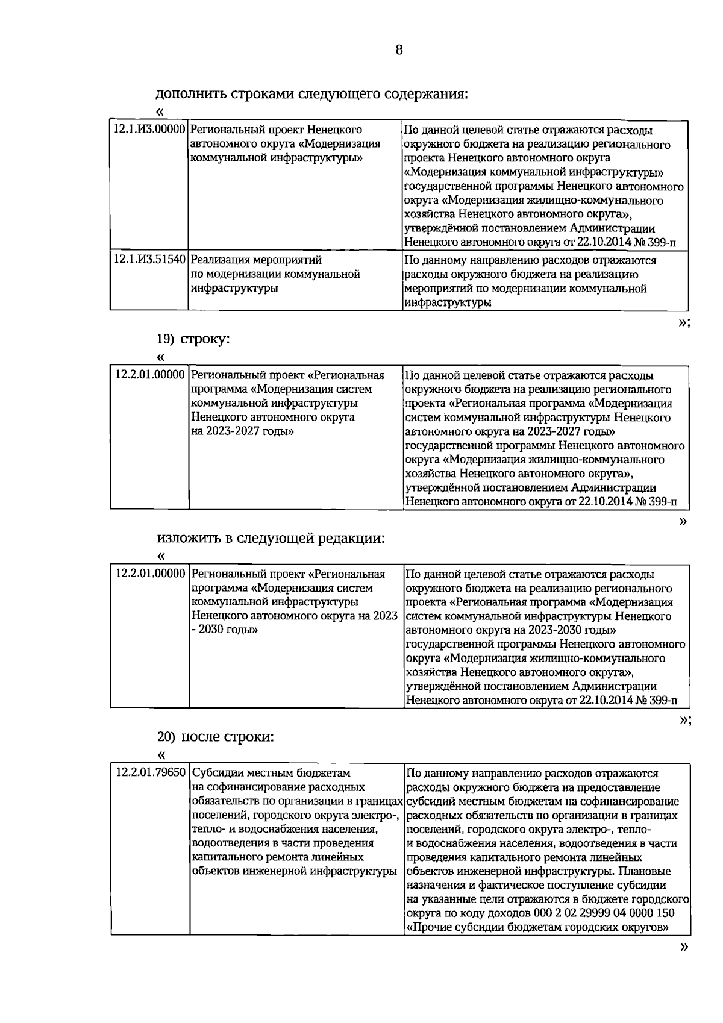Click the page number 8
(399, 50)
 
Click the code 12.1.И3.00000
(149, 130)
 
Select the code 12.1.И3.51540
(149, 260)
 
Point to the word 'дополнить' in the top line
(190, 94)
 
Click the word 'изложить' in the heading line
(189, 538)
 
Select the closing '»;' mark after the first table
(684, 323)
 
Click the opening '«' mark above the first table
(160, 112)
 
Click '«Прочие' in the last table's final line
(430, 927)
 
